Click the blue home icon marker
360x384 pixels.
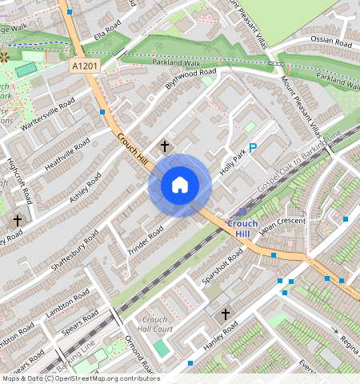pyautogui.click(x=180, y=185)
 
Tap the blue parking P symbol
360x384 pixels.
pyautogui.click(x=253, y=148)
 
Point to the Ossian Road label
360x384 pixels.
pyautogui.click(x=332, y=42)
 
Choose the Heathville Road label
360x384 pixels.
pyautogui.click(x=71, y=151)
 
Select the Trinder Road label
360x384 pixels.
pyautogui.click(x=146, y=242)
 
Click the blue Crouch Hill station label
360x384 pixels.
pyautogui.click(x=242, y=227)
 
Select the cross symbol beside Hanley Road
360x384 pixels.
pyautogui.click(x=225, y=314)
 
